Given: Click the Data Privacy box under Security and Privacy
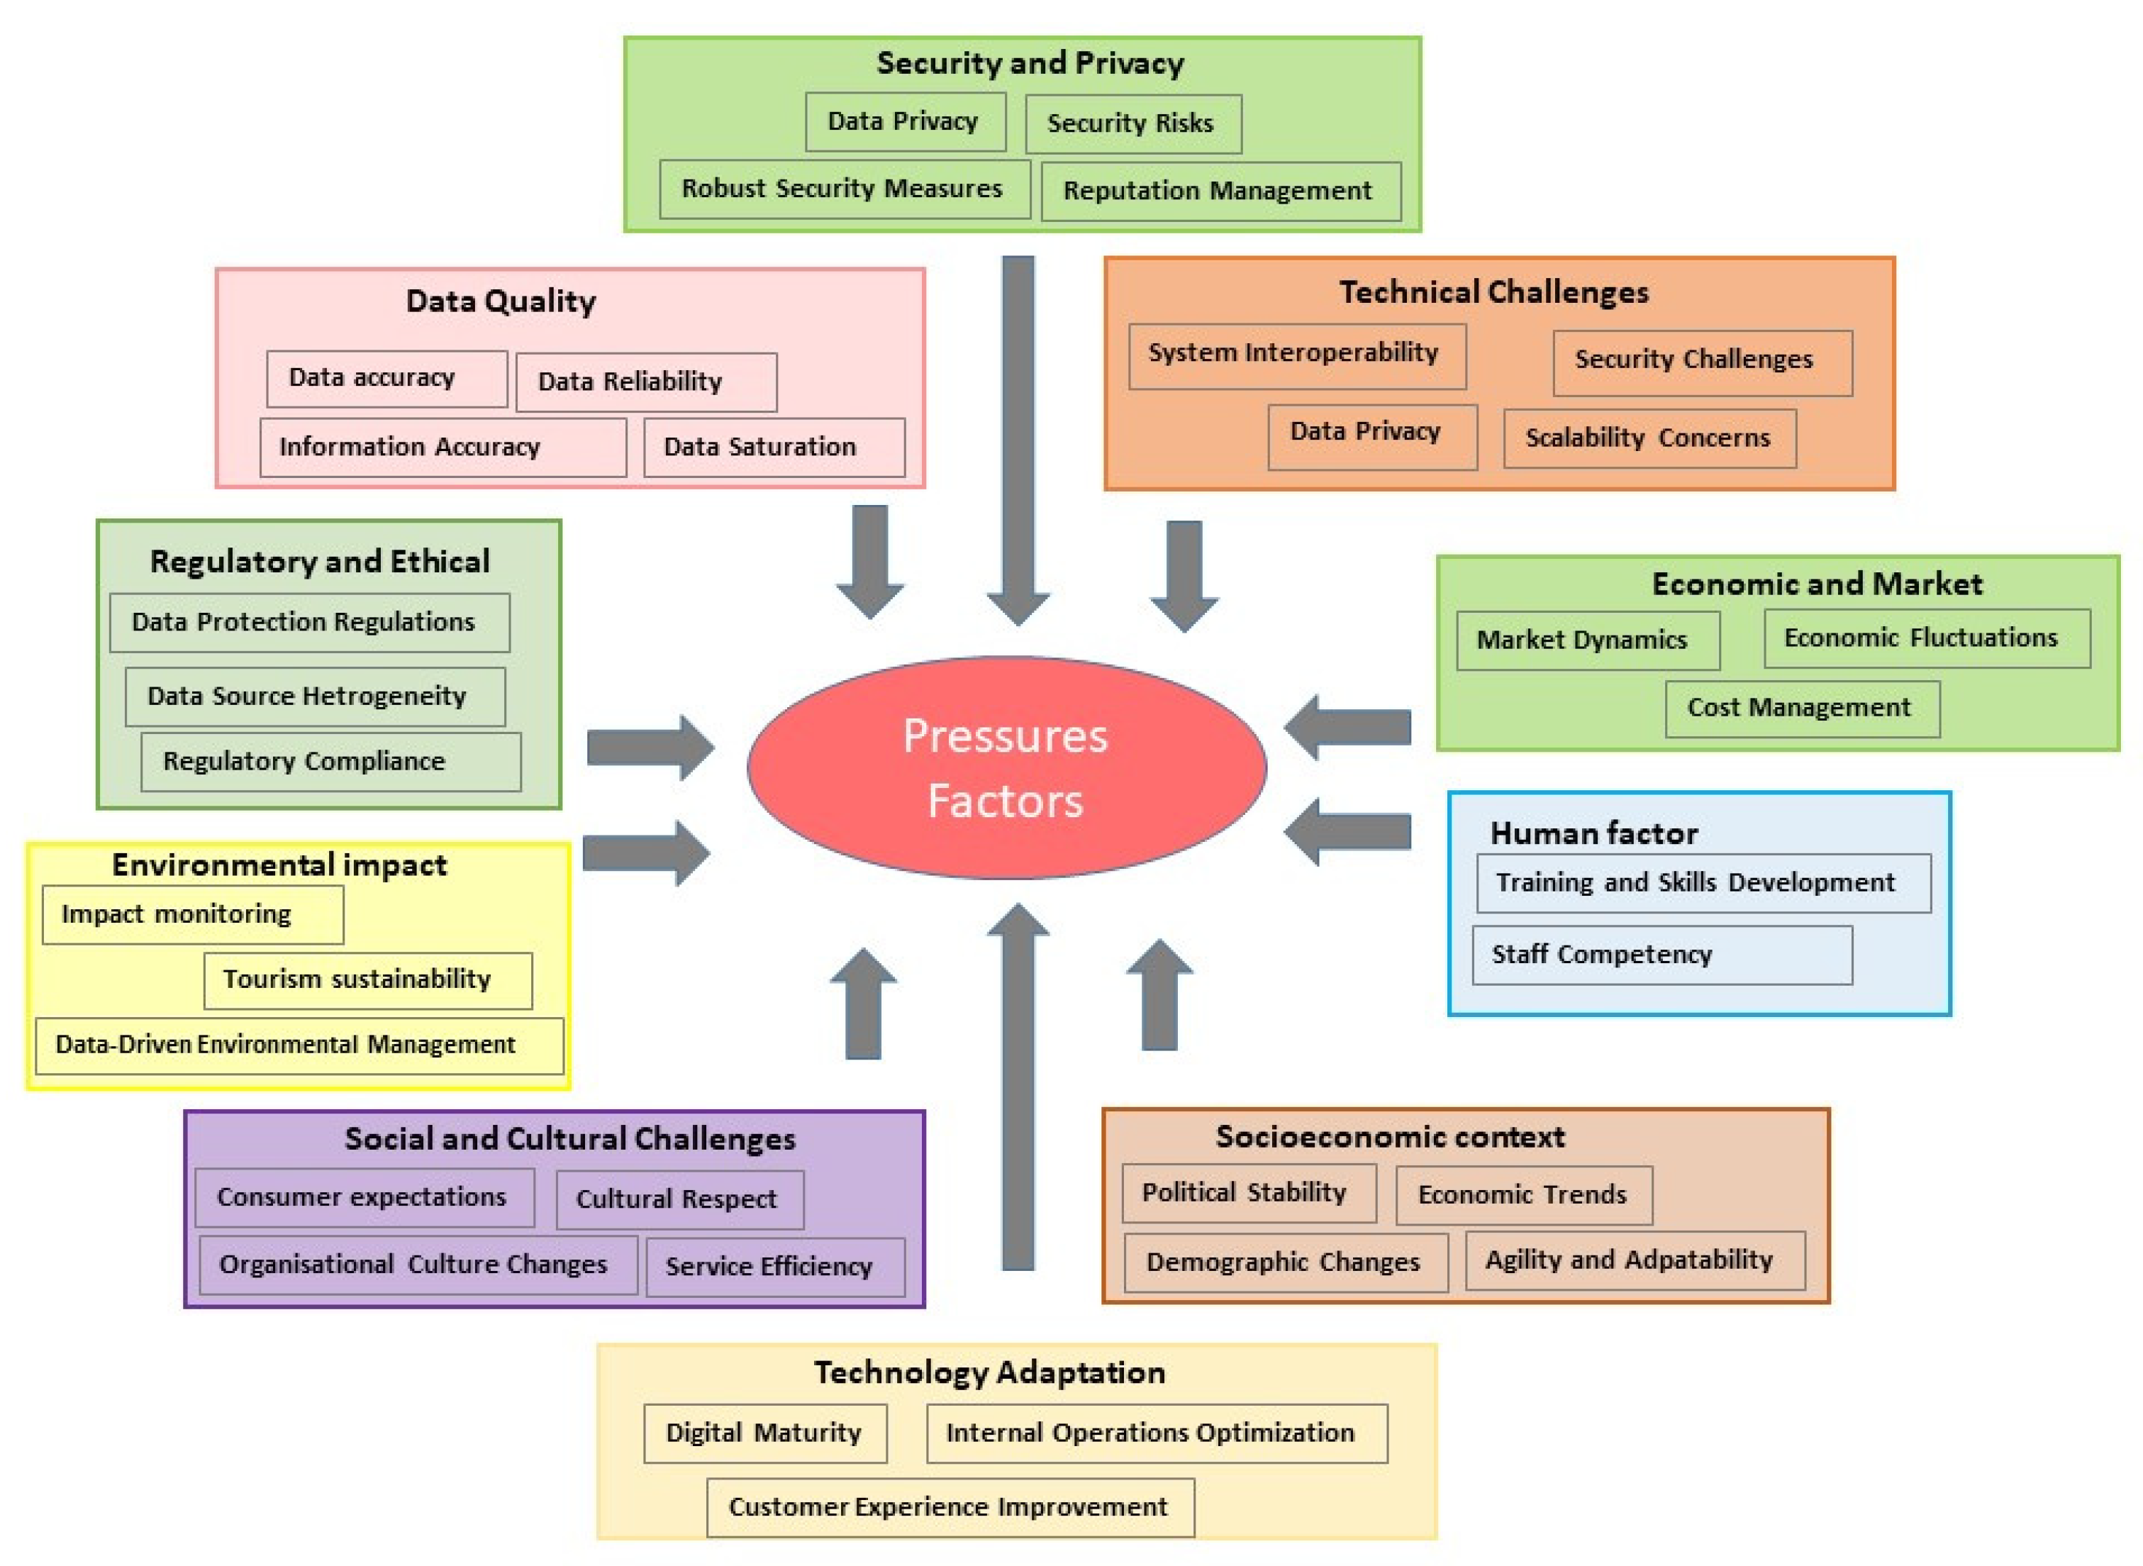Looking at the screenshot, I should [x=904, y=121].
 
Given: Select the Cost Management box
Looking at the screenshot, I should [x=1800, y=707].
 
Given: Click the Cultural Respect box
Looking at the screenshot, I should [x=679, y=1199].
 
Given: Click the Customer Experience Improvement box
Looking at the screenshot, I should [x=949, y=1506].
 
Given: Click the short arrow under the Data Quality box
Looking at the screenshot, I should [x=869, y=560].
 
